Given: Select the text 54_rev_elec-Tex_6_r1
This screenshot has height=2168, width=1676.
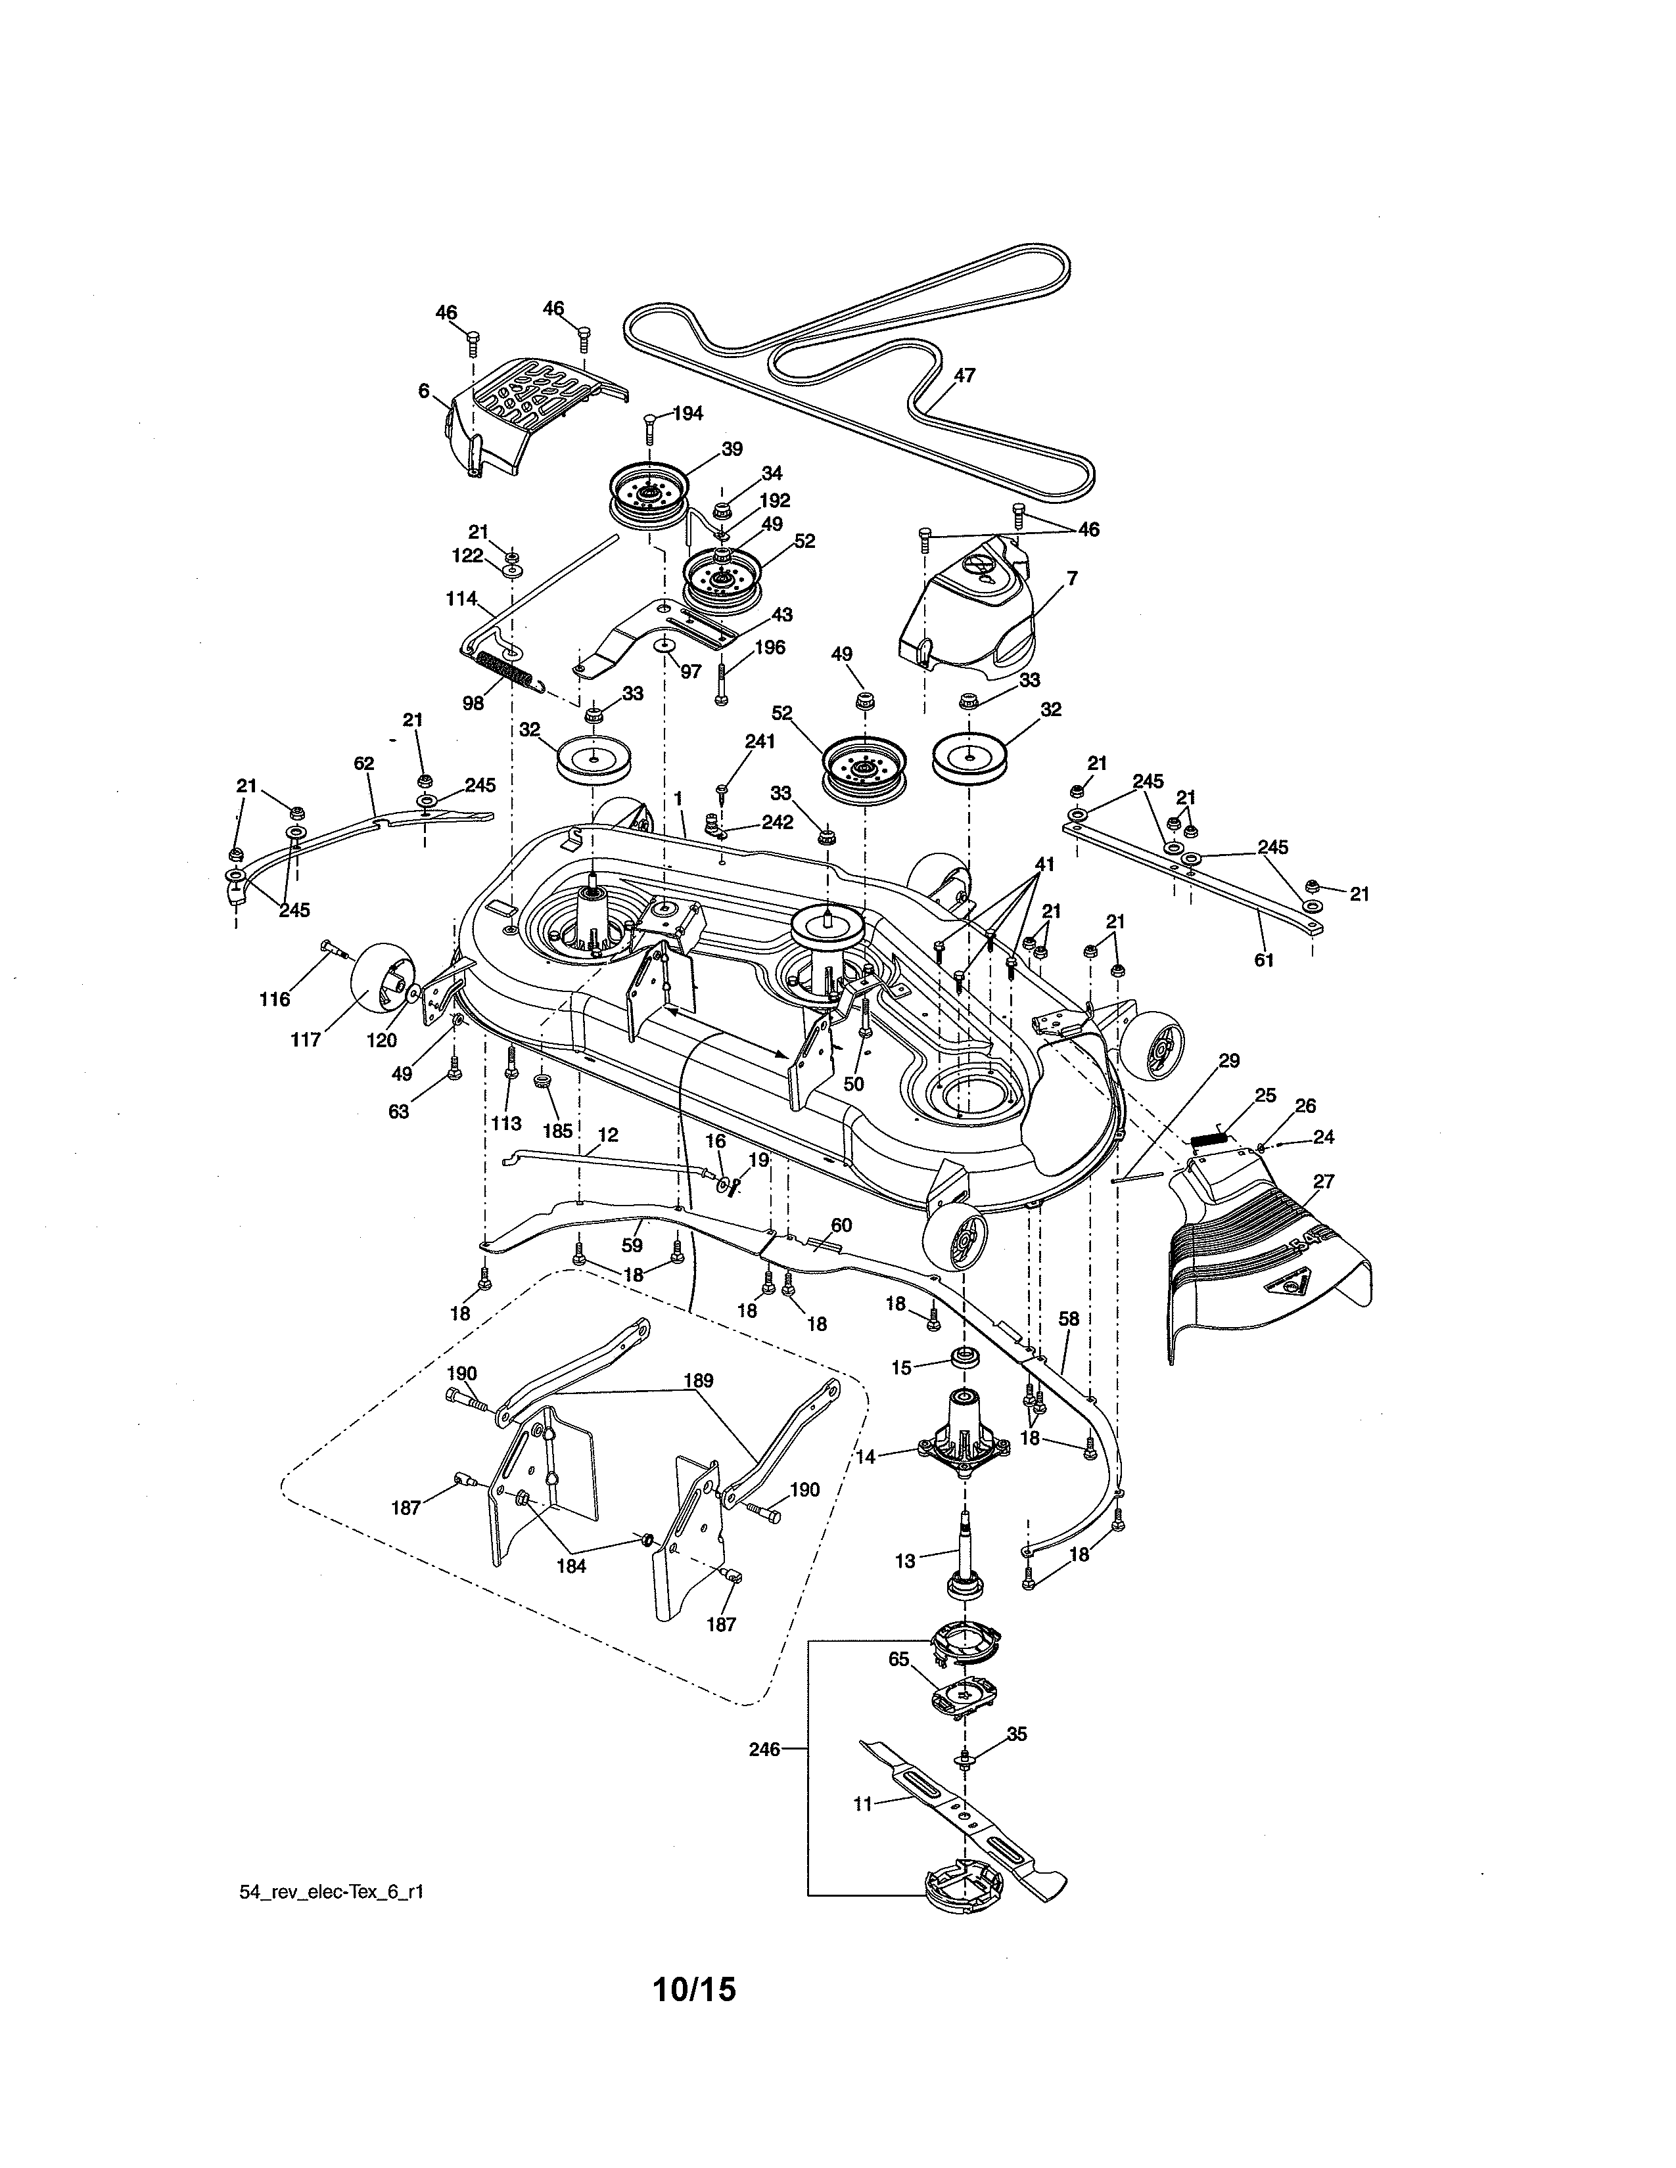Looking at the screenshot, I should pyautogui.click(x=332, y=1891).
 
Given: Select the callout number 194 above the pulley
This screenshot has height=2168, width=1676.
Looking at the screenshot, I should pyautogui.click(x=687, y=413).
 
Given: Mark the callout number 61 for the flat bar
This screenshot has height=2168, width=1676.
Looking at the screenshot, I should pyautogui.click(x=1263, y=960).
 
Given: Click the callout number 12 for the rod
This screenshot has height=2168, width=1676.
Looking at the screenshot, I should pyautogui.click(x=608, y=1134).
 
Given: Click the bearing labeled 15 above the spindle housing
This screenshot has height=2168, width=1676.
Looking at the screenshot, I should pyautogui.click(x=960, y=1360).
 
